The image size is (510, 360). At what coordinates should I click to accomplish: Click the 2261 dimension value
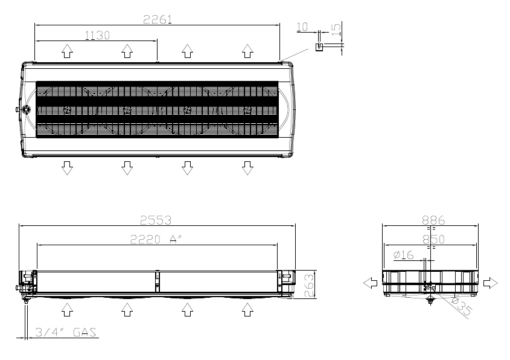[x=158, y=19]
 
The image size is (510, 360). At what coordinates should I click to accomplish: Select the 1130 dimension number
[x=97, y=35]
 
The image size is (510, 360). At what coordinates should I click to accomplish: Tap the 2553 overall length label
[x=156, y=220]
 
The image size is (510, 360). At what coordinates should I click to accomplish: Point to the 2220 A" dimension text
[x=156, y=240]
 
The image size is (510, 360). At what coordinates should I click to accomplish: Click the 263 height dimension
[x=309, y=286]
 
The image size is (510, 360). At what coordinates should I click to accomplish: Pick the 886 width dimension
[x=433, y=220]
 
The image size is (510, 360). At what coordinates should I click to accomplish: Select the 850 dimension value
[x=433, y=240]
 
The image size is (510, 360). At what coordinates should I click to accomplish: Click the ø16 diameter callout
[x=403, y=255]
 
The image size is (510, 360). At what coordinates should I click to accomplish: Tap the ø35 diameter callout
[x=461, y=306]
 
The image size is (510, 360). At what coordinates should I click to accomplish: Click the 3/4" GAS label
[x=66, y=332]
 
